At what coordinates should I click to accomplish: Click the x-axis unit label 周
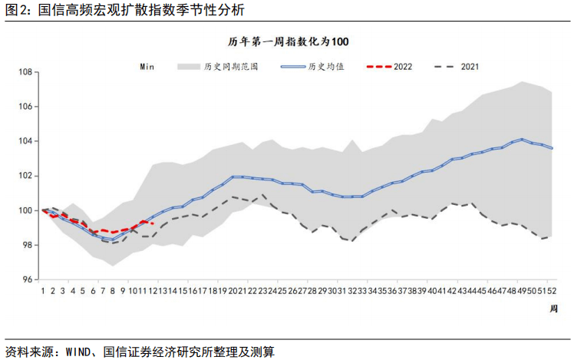(554, 308)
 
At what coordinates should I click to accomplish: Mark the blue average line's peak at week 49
(523, 140)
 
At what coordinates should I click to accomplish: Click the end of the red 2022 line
(153, 223)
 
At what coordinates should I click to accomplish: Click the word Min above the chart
(147, 67)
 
